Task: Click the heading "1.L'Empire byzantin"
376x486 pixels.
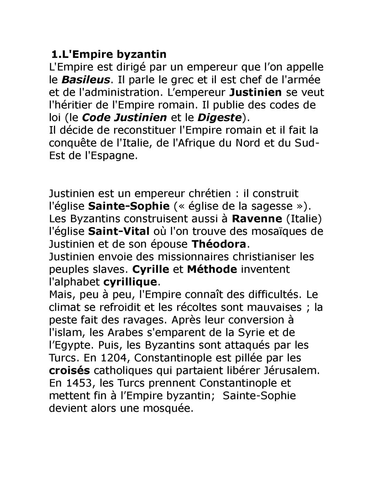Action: coord(109,54)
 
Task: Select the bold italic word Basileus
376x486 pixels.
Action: coord(86,80)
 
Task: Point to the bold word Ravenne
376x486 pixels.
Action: coord(257,219)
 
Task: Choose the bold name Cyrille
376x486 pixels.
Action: coord(151,269)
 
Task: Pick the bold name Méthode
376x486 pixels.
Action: coord(212,269)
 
